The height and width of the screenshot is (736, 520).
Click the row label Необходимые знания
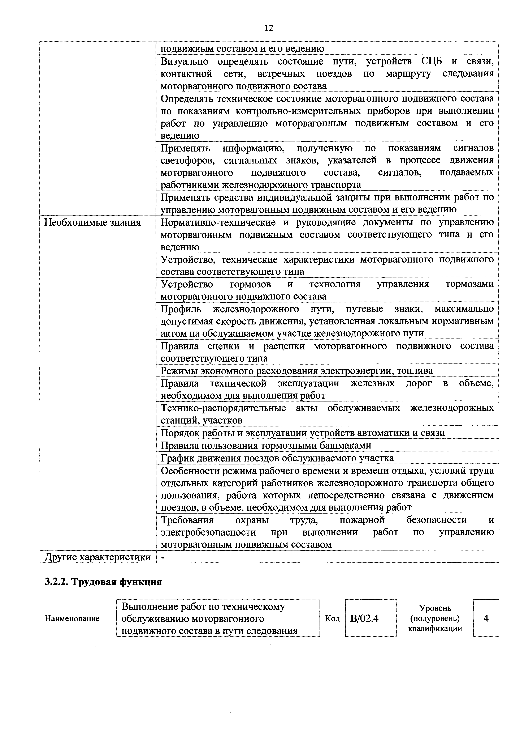92,222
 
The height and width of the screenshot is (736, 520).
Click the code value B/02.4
364,618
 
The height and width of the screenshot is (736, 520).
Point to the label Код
332,618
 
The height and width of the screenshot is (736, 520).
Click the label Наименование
72,618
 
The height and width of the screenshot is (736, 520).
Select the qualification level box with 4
486,618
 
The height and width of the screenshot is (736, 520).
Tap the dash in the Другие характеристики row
163,557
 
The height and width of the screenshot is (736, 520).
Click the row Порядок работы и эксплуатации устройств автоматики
303,433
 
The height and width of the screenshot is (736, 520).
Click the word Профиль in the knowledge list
181,309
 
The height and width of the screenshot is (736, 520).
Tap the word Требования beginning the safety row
187,520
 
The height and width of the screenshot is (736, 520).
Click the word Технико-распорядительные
223,408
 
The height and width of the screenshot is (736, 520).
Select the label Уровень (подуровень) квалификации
435,618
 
